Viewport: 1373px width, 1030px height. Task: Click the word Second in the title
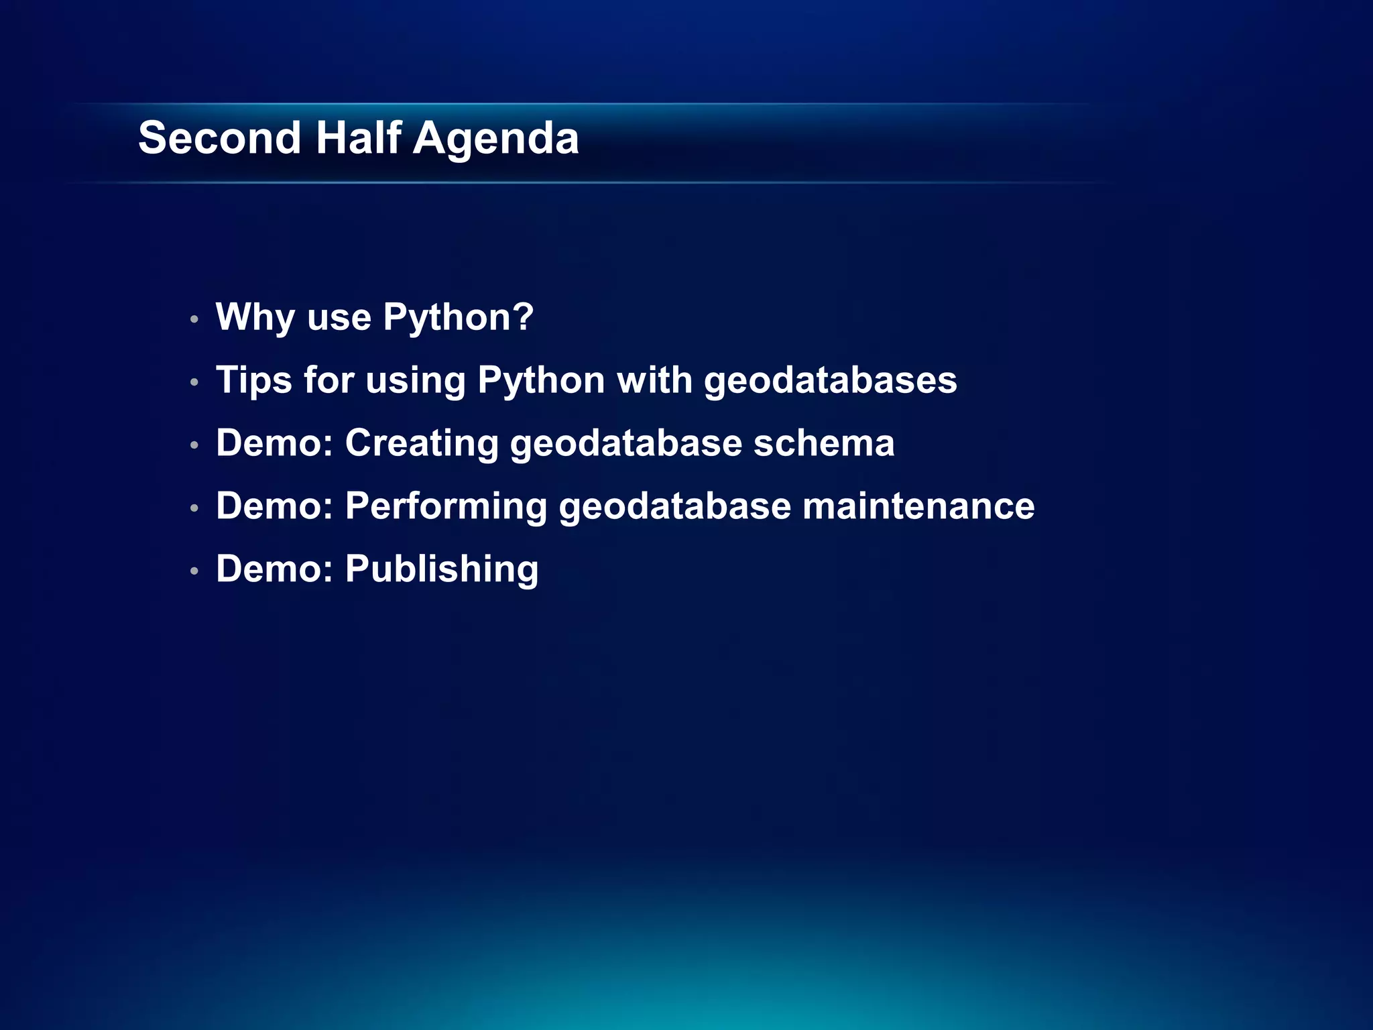(x=219, y=138)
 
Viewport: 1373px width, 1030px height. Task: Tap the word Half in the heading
(x=358, y=138)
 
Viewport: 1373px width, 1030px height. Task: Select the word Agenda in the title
(x=495, y=139)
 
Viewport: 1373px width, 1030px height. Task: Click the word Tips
(x=253, y=380)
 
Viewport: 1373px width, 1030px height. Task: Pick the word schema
(x=824, y=443)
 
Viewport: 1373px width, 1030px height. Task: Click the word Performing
(x=446, y=506)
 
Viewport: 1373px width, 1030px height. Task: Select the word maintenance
(x=918, y=506)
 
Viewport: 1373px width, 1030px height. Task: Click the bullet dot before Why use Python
(x=194, y=319)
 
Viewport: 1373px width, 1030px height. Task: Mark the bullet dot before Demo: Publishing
(x=194, y=571)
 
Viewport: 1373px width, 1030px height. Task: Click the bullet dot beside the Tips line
(x=194, y=382)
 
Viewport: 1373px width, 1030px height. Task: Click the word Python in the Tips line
(x=541, y=380)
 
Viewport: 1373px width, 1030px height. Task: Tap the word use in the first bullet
(x=339, y=317)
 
